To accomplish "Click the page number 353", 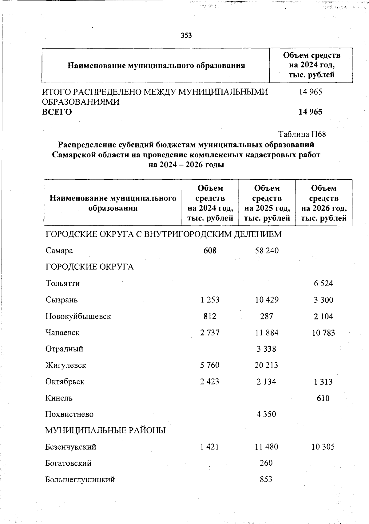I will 186,36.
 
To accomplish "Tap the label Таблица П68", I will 302,134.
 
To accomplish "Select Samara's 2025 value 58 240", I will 267,251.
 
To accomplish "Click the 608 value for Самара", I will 210,251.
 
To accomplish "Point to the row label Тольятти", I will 63,283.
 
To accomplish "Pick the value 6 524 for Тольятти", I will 323,284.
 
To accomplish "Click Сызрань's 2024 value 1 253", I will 210,300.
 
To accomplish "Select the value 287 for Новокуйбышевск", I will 266,316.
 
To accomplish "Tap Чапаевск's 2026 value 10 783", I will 323,333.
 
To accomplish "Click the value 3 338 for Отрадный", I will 266,349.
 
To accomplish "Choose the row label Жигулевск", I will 66,366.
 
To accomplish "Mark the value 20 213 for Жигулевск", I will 266,365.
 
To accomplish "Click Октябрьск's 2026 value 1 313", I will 323,382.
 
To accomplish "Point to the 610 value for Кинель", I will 323,398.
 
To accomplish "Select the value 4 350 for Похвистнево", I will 266,414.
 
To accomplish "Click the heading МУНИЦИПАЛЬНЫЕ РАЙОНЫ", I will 105,431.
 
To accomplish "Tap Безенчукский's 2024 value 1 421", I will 210,447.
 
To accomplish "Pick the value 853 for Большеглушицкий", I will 266,479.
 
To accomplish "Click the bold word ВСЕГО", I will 57,112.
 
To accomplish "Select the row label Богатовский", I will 68,463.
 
